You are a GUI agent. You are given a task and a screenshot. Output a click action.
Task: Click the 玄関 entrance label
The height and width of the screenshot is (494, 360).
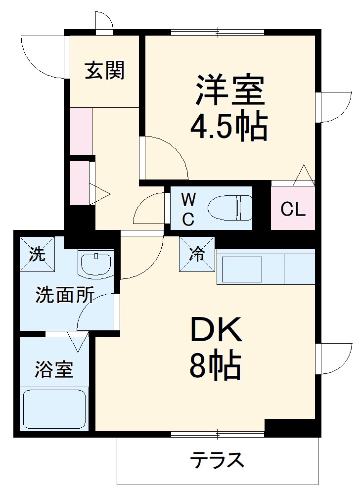click(104, 71)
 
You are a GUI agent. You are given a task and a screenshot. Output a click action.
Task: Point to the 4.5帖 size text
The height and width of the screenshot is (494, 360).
click(229, 127)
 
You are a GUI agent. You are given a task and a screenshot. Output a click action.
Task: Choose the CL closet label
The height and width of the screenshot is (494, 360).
click(293, 210)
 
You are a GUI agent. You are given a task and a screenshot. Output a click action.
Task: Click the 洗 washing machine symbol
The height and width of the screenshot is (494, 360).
click(36, 254)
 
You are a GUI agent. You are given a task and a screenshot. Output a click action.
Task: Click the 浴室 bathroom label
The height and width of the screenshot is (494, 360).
click(54, 369)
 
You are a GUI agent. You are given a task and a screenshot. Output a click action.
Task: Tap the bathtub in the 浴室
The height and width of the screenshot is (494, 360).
click(55, 410)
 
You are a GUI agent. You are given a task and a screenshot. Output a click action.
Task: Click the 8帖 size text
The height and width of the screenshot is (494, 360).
click(215, 366)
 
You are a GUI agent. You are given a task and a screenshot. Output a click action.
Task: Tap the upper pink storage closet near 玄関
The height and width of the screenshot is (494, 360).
click(81, 131)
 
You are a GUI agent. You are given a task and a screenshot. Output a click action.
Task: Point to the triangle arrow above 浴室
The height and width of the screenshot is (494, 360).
click(77, 341)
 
